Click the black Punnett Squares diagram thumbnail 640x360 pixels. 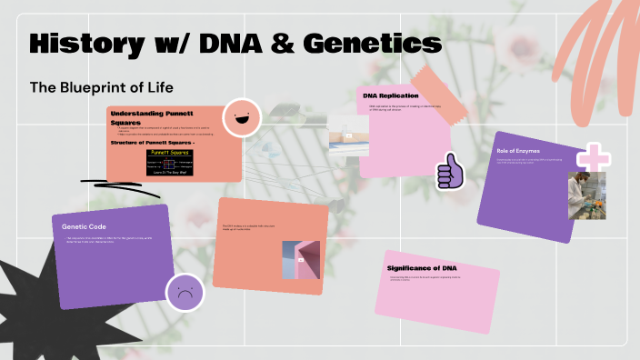pos(178,164)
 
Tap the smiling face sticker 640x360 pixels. pos(242,116)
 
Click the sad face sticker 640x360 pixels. pos(185,293)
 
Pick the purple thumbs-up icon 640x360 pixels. pos(449,171)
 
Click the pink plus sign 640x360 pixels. pos(594,157)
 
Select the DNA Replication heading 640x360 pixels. pos(391,95)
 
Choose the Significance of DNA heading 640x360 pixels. pos(422,268)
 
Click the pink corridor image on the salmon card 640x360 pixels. pos(300,260)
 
